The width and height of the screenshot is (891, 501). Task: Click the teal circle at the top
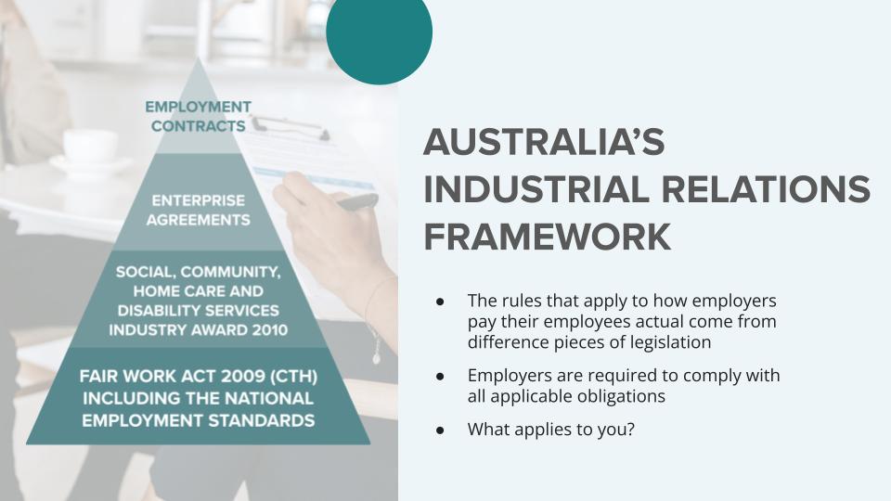click(379, 35)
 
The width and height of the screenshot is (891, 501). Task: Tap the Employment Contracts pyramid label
click(199, 117)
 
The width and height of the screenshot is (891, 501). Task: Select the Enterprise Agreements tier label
click(199, 211)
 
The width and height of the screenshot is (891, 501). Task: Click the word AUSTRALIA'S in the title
click(544, 141)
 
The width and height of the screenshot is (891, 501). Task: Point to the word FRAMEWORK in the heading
click(548, 237)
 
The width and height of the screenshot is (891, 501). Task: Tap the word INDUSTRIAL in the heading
click(536, 188)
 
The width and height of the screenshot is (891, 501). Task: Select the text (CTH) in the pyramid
click(294, 376)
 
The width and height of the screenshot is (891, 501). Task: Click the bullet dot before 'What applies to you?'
click(440, 430)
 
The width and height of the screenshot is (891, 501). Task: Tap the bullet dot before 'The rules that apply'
click(440, 301)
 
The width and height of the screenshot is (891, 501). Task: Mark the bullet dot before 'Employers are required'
click(440, 376)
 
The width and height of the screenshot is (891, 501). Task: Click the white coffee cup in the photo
click(90, 148)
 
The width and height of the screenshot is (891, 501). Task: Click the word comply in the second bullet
click(712, 376)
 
